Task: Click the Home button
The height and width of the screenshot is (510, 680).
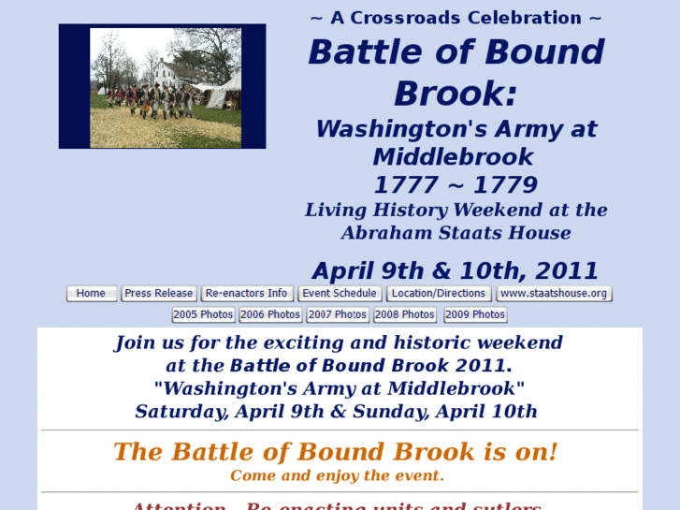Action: [91, 294]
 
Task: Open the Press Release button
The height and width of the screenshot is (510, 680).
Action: [158, 294]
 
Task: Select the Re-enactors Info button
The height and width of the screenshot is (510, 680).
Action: [247, 294]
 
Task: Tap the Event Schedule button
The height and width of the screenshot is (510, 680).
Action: [340, 294]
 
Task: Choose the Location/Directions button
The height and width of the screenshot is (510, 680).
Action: [439, 294]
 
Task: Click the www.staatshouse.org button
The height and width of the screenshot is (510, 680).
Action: [554, 294]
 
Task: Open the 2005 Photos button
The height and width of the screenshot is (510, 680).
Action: [203, 315]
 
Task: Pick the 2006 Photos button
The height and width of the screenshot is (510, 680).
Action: [270, 315]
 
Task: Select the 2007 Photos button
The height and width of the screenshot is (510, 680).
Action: [337, 315]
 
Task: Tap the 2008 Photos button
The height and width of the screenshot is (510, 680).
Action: [404, 315]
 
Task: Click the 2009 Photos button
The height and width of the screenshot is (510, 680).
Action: [475, 315]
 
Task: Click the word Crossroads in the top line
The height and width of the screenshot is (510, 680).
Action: [408, 18]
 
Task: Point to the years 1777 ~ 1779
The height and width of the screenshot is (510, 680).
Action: [456, 184]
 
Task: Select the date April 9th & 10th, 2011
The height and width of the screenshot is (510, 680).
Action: [456, 271]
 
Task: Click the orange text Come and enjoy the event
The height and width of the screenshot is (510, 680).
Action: [337, 475]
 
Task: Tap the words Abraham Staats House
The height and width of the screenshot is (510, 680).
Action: [456, 233]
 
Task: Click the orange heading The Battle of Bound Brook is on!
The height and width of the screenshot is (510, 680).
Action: [336, 452]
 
